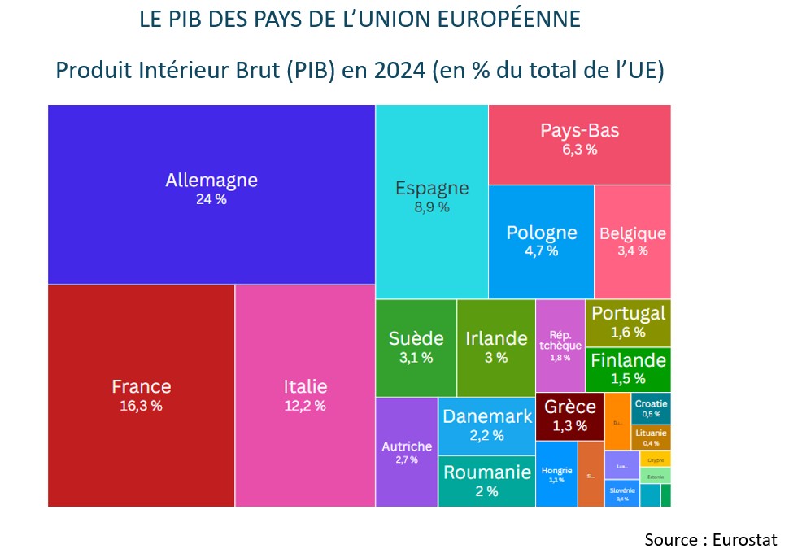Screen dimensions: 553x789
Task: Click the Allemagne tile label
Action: click(211, 181)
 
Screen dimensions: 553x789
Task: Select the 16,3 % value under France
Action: click(141, 405)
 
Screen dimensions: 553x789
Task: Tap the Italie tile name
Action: click(305, 386)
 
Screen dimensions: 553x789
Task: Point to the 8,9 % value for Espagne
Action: click(432, 207)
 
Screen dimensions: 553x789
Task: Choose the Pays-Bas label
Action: click(579, 131)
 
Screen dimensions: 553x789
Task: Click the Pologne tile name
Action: click(541, 233)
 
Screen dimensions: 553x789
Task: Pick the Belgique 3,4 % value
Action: click(632, 250)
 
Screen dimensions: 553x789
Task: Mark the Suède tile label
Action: click(416, 338)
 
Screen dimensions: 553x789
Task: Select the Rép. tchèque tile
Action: click(560, 346)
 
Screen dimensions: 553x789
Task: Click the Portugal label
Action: click(628, 313)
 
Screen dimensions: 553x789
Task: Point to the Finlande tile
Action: click(628, 368)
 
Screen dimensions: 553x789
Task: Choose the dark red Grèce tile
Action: click(569, 416)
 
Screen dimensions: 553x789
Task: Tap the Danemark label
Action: click(487, 417)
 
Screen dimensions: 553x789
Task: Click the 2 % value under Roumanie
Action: click(486, 490)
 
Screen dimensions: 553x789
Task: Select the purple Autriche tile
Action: click(407, 452)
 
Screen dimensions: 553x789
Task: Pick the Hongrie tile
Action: click(556, 473)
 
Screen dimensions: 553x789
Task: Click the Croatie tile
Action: click(651, 407)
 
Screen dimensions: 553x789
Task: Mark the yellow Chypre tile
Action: click(655, 459)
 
